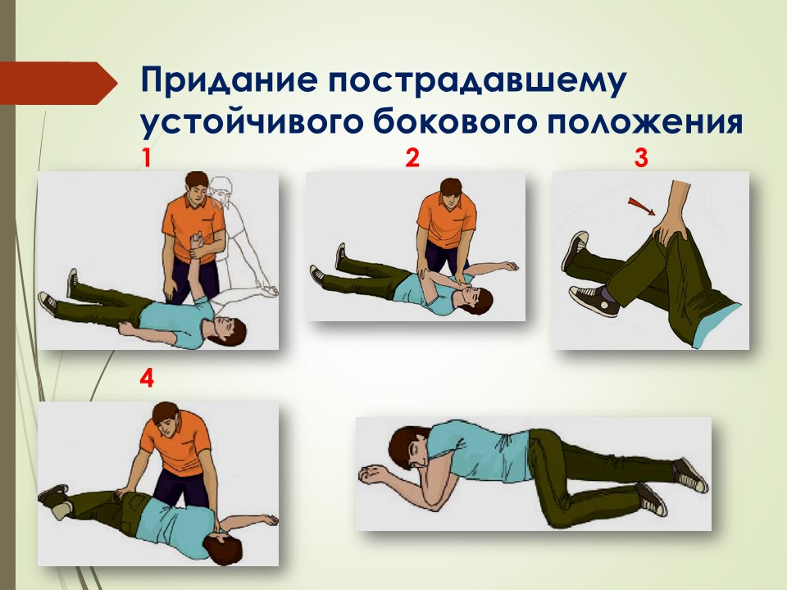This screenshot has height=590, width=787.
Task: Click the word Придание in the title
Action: [x=230, y=79]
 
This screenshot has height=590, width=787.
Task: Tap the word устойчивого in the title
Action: [x=252, y=121]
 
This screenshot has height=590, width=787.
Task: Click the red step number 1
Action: [x=146, y=158]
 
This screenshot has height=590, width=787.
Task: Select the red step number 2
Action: [x=412, y=157]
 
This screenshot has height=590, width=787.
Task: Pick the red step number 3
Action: [x=641, y=157]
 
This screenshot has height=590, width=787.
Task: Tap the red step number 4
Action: [x=147, y=379]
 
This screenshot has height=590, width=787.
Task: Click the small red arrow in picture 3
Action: [x=642, y=206]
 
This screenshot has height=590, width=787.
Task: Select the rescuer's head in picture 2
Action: [x=451, y=193]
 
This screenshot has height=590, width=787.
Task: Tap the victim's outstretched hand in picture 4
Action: [x=267, y=520]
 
